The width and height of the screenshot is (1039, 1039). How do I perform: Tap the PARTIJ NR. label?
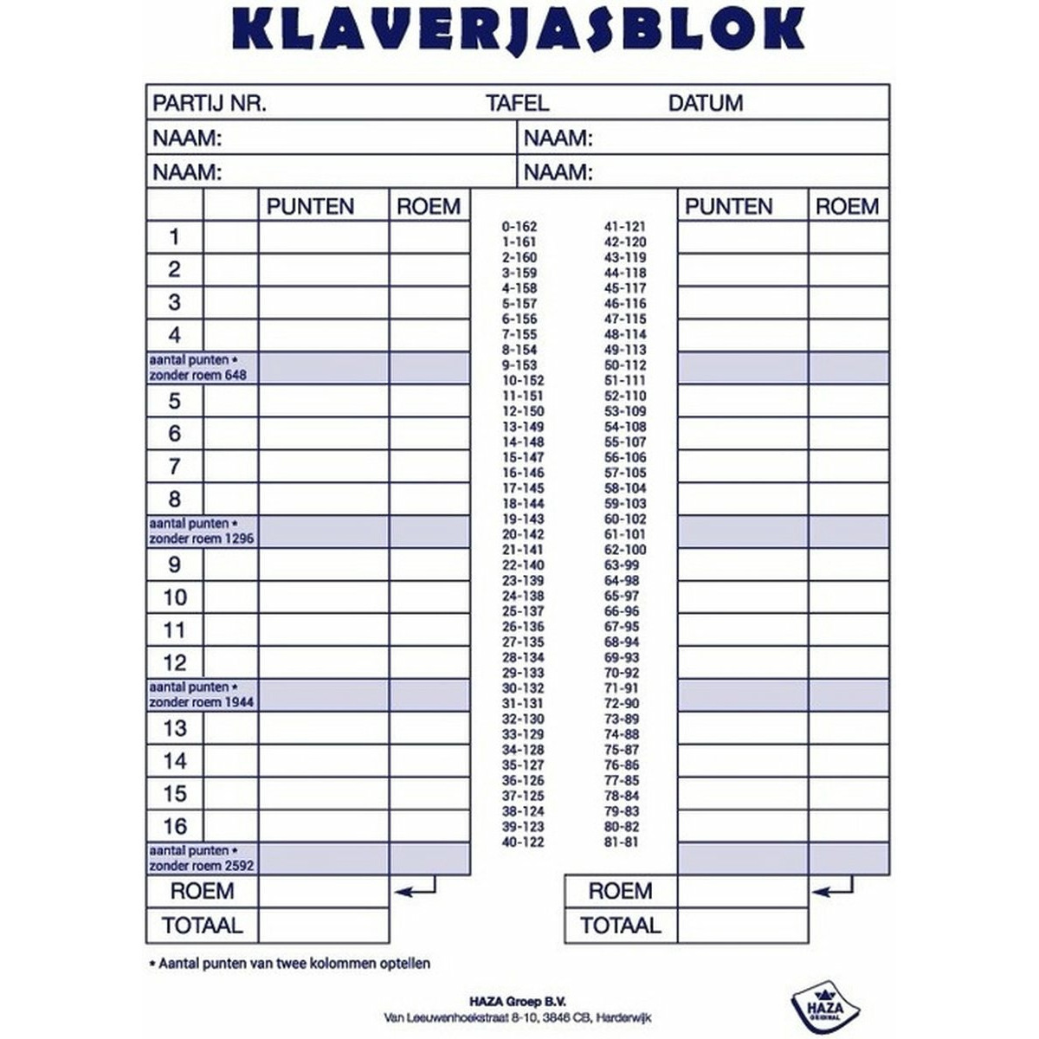[210, 103]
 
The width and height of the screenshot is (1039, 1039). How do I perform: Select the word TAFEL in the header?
[518, 103]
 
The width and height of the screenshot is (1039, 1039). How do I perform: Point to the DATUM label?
[706, 103]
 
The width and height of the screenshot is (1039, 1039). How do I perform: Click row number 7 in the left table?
[175, 467]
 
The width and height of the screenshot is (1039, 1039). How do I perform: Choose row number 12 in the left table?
[175, 663]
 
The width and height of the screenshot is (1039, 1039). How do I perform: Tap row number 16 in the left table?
[175, 826]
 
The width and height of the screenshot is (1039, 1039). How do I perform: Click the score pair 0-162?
[519, 227]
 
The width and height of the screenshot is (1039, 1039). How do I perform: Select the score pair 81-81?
[621, 842]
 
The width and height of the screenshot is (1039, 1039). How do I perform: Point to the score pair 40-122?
[523, 842]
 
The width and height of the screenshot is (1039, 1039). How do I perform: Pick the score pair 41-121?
[625, 227]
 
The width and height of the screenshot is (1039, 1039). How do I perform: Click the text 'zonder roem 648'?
[198, 374]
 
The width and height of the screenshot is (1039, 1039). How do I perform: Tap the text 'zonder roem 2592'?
[202, 865]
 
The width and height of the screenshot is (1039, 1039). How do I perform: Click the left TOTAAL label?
[203, 926]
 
